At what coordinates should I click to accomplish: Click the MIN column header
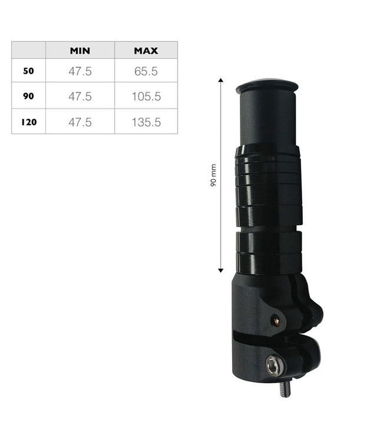(80, 51)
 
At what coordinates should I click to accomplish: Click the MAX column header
(146, 51)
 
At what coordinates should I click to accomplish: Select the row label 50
(28, 71)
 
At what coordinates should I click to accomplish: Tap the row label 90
(28, 96)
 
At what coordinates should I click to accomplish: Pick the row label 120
(29, 122)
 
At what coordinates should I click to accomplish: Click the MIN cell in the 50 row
(80, 71)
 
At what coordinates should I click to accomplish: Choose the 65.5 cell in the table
(146, 71)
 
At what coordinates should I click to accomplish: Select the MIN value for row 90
(80, 97)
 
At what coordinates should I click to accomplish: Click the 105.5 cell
(146, 97)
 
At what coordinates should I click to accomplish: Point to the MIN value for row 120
(80, 123)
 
